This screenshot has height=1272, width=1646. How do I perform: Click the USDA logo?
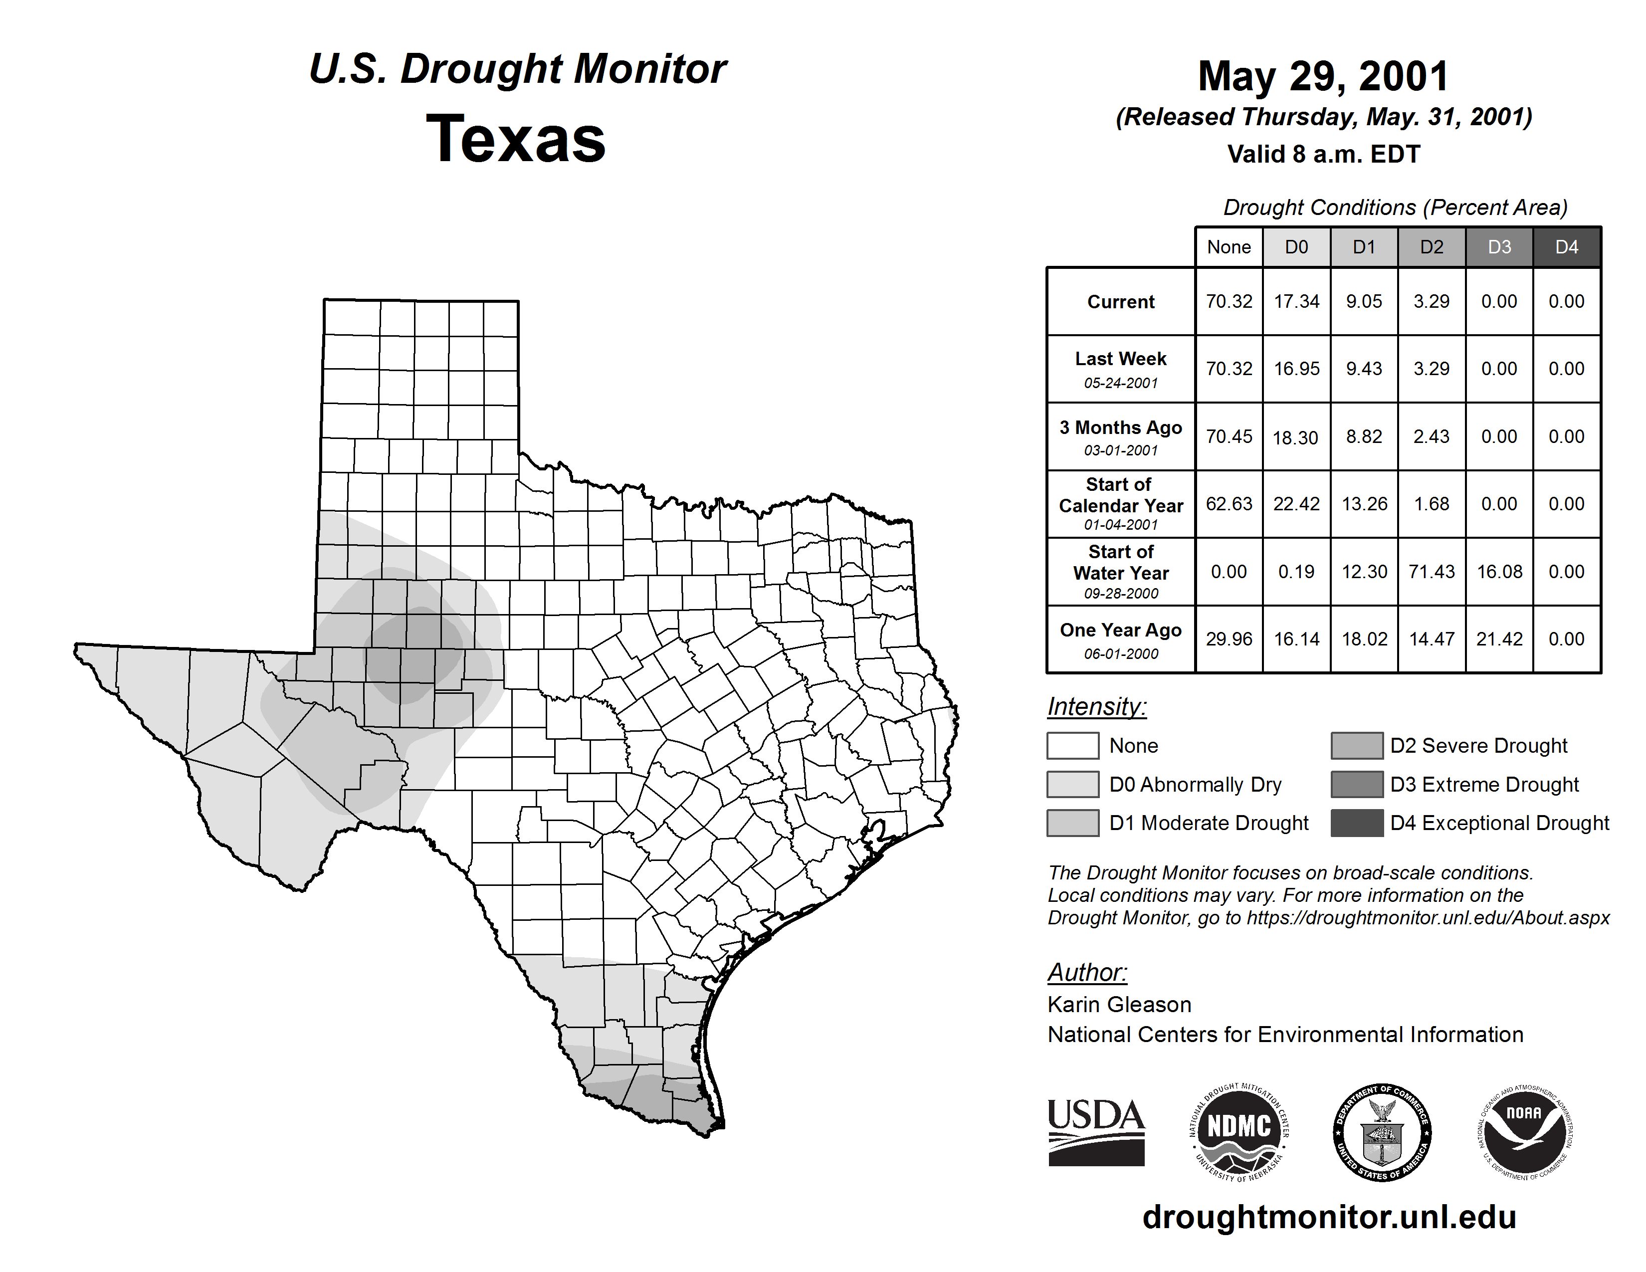tap(1096, 1133)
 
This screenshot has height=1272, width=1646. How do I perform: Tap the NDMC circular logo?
tap(1239, 1133)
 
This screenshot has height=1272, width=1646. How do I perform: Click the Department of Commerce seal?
tap(1382, 1133)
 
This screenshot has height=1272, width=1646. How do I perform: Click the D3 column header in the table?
tap(1499, 247)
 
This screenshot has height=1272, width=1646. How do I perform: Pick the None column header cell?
tap(1229, 247)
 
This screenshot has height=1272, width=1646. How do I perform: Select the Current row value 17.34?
tap(1296, 301)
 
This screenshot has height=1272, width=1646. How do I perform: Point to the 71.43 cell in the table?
tap(1431, 572)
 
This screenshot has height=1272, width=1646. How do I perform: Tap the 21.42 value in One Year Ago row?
tap(1499, 639)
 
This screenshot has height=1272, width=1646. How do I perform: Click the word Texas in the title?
tap(516, 139)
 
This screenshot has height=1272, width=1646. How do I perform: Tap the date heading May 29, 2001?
tap(1323, 76)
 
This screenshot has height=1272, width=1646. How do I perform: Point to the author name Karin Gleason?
tap(1119, 1005)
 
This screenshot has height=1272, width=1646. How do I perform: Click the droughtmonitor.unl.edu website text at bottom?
tap(1329, 1217)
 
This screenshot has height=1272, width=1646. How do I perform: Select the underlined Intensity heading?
tap(1096, 707)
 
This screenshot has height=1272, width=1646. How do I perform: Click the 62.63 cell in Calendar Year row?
tap(1229, 503)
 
